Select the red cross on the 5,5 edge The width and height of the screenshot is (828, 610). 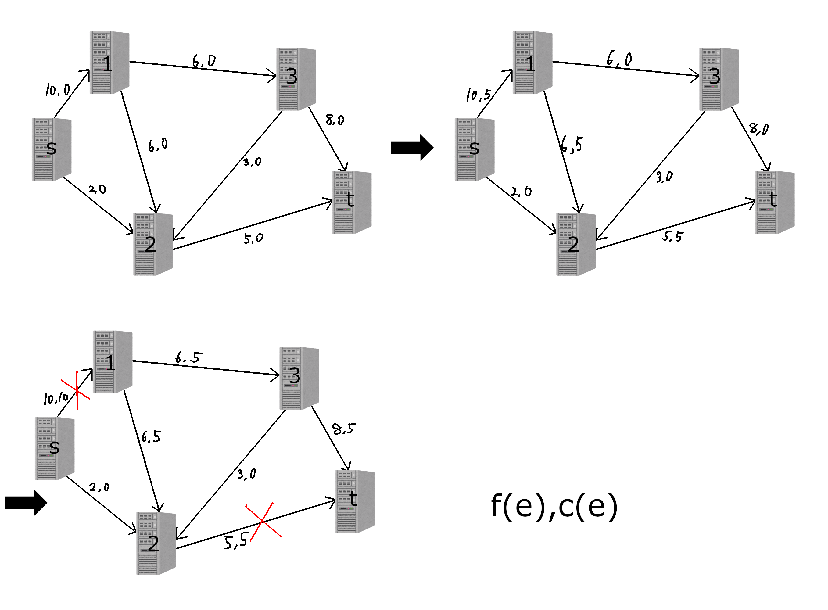[x=263, y=521]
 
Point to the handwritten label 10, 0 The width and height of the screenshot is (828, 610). [x=58, y=90]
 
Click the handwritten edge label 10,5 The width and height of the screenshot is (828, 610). [x=479, y=95]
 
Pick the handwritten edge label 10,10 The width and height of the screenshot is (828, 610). [x=56, y=398]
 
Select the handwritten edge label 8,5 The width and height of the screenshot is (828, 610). [x=343, y=429]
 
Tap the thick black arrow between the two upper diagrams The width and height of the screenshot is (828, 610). [x=412, y=148]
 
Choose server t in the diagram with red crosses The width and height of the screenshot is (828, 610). [x=354, y=501]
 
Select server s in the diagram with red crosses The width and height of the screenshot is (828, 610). [x=55, y=448]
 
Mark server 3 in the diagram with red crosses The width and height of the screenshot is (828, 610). [x=299, y=378]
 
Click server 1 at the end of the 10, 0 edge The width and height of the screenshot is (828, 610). [x=109, y=63]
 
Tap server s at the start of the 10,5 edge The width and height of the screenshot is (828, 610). [x=474, y=149]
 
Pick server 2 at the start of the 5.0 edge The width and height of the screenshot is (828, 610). [x=153, y=244]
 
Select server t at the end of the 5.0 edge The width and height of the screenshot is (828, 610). [x=351, y=202]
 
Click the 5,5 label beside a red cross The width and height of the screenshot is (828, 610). [x=235, y=542]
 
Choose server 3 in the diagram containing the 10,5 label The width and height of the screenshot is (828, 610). [x=719, y=79]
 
